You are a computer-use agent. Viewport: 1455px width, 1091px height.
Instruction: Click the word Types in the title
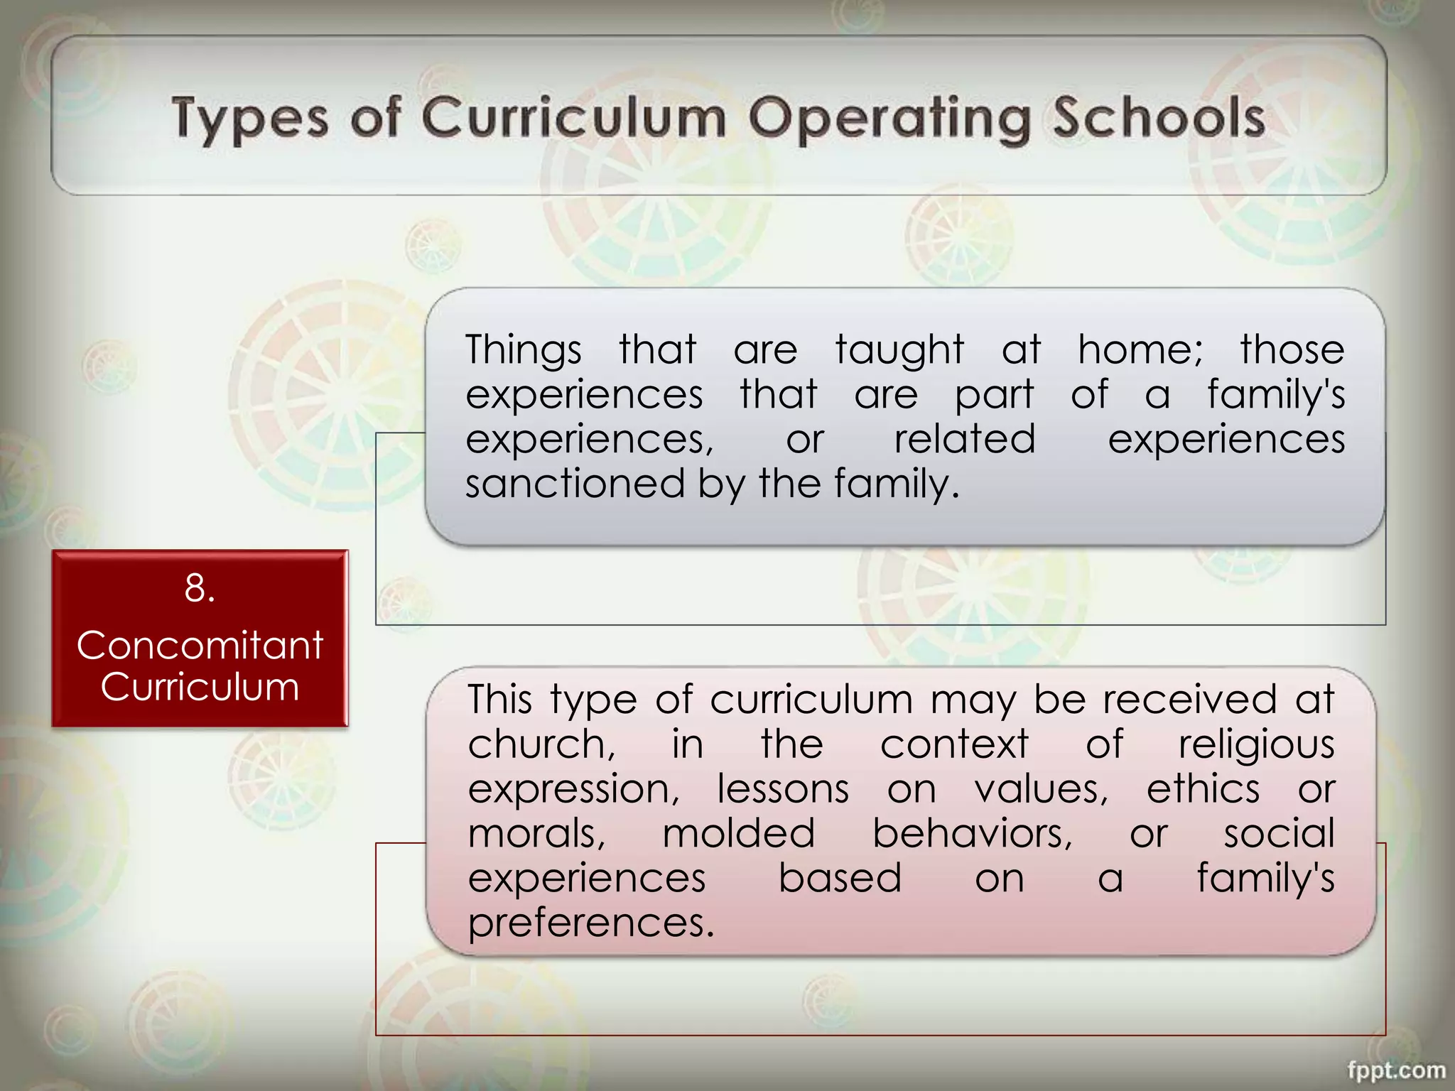[250, 118]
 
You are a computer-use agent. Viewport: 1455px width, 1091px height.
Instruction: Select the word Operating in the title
[889, 118]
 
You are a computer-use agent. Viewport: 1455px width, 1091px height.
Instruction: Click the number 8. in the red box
[200, 588]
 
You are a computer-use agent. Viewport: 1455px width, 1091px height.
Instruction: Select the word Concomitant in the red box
[200, 646]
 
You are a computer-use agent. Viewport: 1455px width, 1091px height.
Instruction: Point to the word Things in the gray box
[524, 350]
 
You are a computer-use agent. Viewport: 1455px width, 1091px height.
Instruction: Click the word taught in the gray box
[899, 350]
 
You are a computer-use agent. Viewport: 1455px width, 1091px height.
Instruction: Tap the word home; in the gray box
[1140, 350]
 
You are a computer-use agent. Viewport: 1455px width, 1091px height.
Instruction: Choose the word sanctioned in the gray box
[575, 484]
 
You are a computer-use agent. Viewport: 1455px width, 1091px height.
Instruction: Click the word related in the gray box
[964, 439]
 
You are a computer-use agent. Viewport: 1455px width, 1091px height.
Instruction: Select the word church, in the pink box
[541, 744]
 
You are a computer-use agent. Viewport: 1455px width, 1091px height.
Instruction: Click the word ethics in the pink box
[1203, 789]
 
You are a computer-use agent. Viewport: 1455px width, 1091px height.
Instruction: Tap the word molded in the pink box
[738, 833]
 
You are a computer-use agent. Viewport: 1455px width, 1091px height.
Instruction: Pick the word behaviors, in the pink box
[972, 833]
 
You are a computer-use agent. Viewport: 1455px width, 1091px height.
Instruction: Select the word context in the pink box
[954, 744]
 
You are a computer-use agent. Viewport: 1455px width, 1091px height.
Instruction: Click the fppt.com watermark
[1396, 1070]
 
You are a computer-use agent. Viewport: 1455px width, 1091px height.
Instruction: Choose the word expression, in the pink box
[573, 789]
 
